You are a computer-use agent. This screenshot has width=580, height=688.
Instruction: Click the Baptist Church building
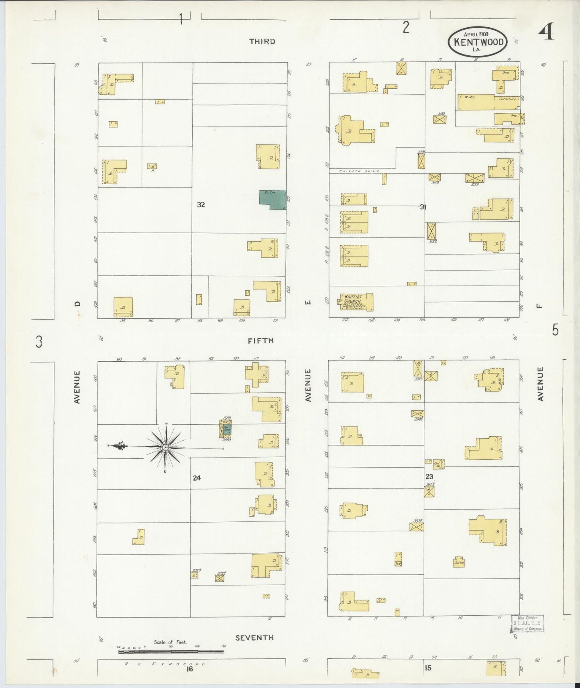pos(356,302)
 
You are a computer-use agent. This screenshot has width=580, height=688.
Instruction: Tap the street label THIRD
pos(262,41)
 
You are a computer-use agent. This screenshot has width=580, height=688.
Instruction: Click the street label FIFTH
pos(260,340)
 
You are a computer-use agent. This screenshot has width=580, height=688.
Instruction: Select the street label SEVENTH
pos(254,637)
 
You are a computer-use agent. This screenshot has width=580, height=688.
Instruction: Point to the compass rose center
pos(165,447)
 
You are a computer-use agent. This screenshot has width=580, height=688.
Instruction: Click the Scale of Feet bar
pos(171,652)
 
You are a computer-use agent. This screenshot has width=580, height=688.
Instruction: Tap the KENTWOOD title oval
pos(478,42)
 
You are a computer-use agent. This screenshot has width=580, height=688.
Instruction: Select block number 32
pos(201,204)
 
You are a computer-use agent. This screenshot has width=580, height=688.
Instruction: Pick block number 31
pos(423,207)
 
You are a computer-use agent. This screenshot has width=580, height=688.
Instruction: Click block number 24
pos(196,478)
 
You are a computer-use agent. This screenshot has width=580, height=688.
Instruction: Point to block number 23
pos(429,476)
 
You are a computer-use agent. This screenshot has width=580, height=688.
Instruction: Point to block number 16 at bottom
pos(189,668)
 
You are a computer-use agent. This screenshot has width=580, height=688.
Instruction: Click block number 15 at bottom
pos(428,668)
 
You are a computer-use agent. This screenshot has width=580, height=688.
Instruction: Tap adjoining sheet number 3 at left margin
pos(39,342)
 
